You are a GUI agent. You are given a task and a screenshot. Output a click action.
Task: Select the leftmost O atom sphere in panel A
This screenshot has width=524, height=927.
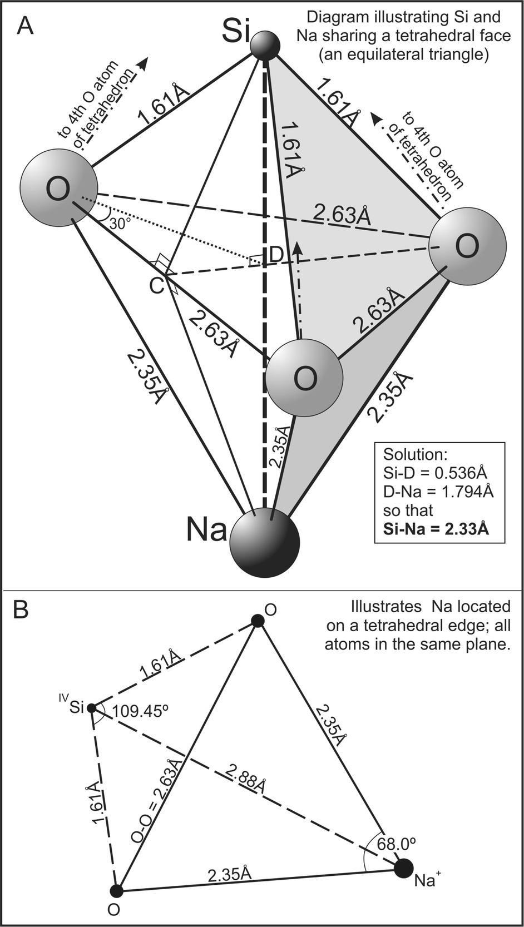pos(58,188)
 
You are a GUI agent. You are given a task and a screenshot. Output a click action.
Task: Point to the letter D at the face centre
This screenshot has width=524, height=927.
pos(276,255)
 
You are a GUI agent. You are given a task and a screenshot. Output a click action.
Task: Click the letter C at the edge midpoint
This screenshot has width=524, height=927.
pos(157,285)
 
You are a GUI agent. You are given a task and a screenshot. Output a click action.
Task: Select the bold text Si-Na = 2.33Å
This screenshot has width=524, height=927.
pos(436,528)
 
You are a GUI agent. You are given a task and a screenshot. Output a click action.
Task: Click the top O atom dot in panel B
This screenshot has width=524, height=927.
pos(257,621)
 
